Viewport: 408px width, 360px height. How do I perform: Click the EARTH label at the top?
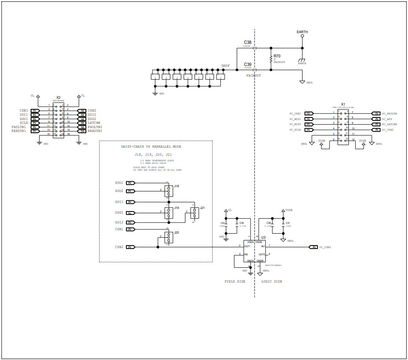point(302,32)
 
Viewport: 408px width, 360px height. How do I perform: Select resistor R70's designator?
point(277,56)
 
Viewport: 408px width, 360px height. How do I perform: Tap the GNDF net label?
point(225,66)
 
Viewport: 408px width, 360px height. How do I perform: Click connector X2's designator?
point(58,97)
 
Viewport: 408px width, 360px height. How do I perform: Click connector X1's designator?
point(343,104)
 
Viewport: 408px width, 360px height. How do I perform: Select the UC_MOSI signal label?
point(295,119)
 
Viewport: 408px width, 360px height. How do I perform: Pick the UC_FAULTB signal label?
point(389,114)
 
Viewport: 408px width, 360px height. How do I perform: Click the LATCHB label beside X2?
point(94,123)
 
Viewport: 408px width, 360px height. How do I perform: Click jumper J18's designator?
point(176,186)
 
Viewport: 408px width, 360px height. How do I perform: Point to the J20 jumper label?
point(176,232)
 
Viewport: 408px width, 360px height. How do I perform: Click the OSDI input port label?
point(119,213)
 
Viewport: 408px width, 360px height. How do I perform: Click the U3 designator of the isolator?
point(263,237)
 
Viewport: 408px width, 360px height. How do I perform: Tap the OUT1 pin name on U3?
point(247,246)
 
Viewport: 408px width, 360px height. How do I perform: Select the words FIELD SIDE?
point(235,282)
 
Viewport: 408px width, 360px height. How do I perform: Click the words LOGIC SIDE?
point(271,282)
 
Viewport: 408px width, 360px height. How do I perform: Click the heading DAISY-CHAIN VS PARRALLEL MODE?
point(151,146)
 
